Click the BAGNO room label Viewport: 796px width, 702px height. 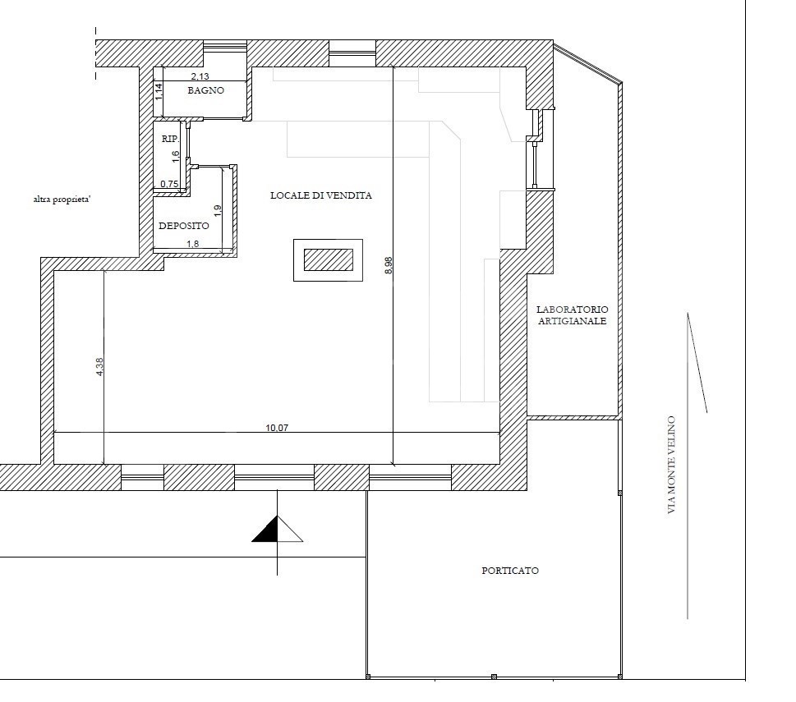[205, 91]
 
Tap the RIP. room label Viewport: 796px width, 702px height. [170, 139]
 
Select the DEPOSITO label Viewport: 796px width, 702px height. [184, 227]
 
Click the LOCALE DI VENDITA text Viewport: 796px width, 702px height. [321, 195]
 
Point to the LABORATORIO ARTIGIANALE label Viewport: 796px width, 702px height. [572, 315]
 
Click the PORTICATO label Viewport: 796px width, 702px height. [510, 571]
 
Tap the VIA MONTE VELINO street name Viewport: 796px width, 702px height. [672, 465]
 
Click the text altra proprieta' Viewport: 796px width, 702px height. [62, 200]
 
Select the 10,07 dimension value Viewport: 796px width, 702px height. [277, 428]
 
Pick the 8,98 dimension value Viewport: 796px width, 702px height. [389, 265]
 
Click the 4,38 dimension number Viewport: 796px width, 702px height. [99, 367]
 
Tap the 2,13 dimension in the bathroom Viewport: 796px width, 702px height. [200, 76]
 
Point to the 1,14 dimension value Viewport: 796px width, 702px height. [159, 91]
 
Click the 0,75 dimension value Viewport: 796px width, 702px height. [169, 184]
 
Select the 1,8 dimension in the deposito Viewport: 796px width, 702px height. [193, 244]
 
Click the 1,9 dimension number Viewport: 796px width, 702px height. [218, 211]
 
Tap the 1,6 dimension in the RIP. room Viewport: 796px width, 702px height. [176, 156]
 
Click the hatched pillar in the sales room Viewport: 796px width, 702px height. [329, 259]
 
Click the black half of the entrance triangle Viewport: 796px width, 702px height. [269, 532]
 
